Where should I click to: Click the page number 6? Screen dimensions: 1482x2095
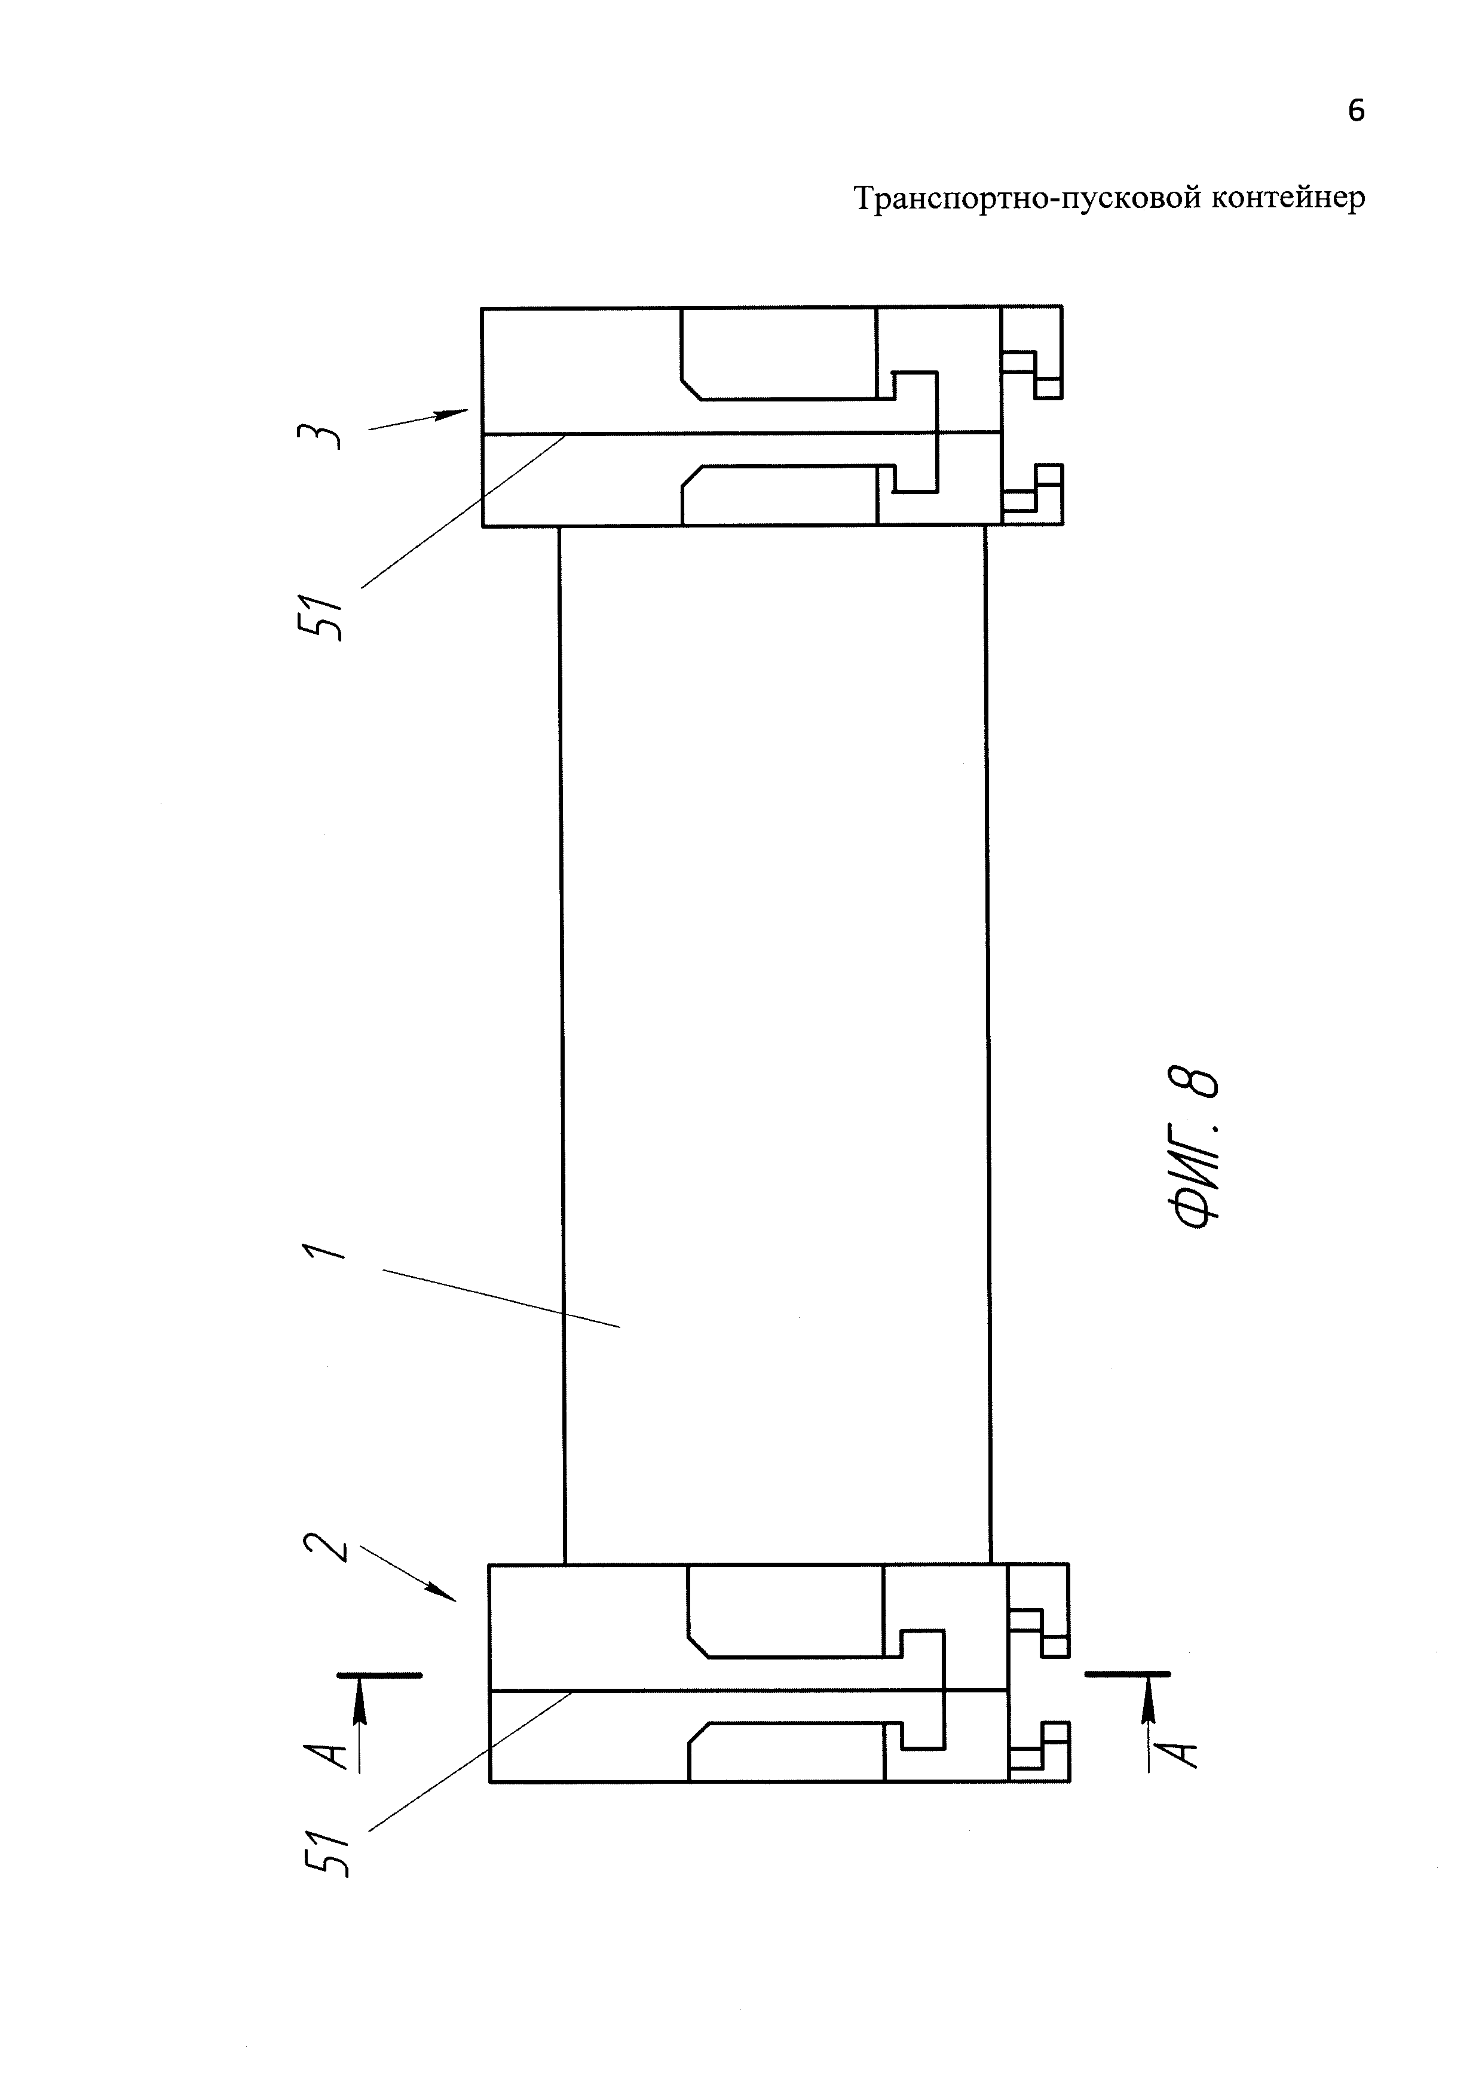[x=1356, y=111]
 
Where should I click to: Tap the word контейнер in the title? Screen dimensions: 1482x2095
[x=1290, y=198]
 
